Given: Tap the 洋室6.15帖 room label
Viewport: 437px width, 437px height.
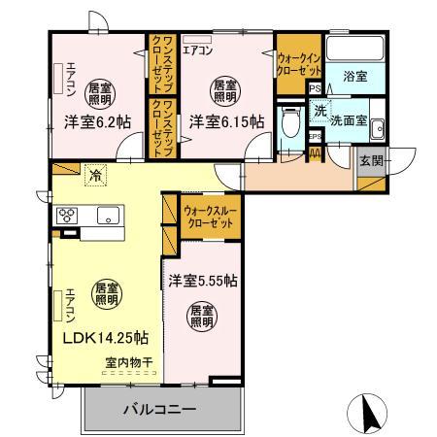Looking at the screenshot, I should (225, 122).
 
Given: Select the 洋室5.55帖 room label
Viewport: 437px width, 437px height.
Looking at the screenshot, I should (204, 282).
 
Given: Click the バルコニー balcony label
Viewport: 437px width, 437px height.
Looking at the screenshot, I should (159, 409).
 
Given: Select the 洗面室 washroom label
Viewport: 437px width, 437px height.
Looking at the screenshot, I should (347, 122).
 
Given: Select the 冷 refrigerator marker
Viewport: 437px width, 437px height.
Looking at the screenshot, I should (95, 176).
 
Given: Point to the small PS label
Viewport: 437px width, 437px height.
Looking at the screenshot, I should (314, 88).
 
